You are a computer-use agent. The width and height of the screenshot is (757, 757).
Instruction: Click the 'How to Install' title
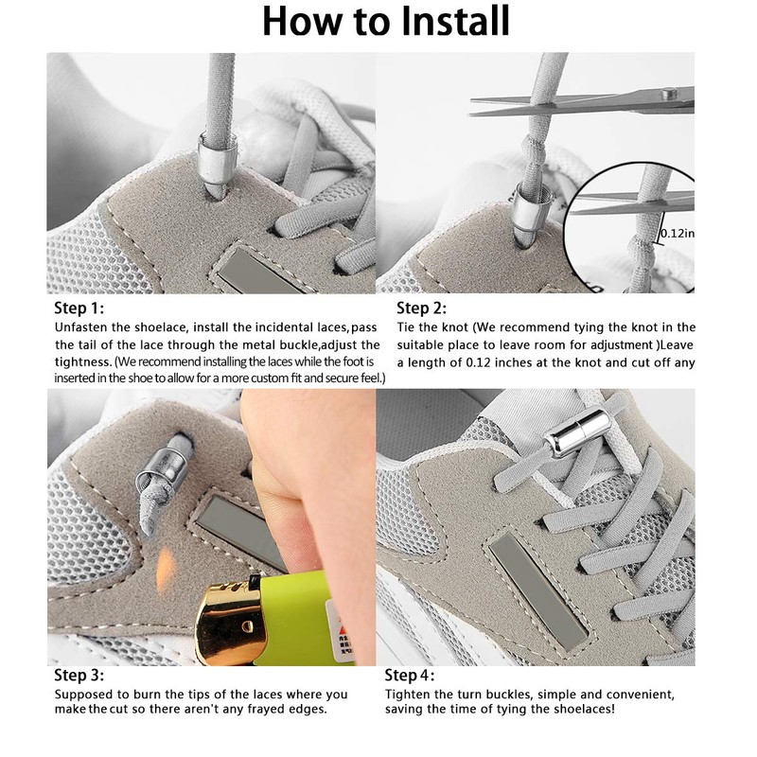coord(385,21)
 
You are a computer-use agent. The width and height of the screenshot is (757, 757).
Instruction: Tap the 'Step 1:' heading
coord(79,308)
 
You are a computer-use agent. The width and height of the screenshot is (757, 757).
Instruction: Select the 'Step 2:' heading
coord(421,308)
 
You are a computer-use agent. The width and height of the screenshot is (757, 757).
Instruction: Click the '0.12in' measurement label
coord(678,233)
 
